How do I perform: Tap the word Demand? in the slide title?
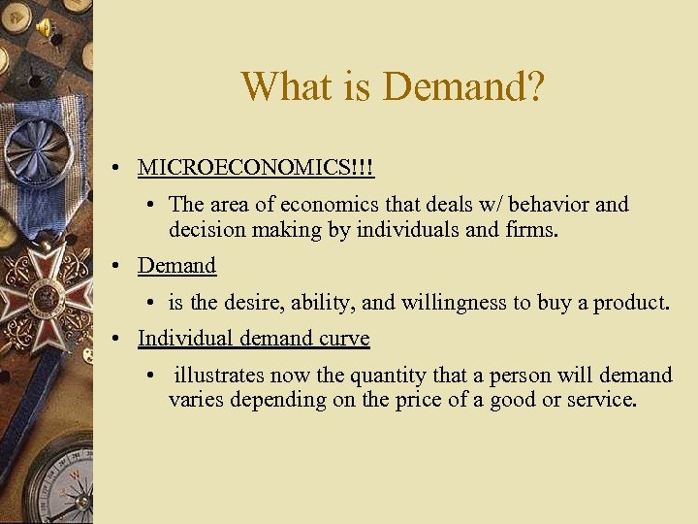(464, 86)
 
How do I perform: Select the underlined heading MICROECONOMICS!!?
(256, 167)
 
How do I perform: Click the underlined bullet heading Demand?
(176, 265)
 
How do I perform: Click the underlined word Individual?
(184, 338)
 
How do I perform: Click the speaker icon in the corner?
(45, 28)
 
